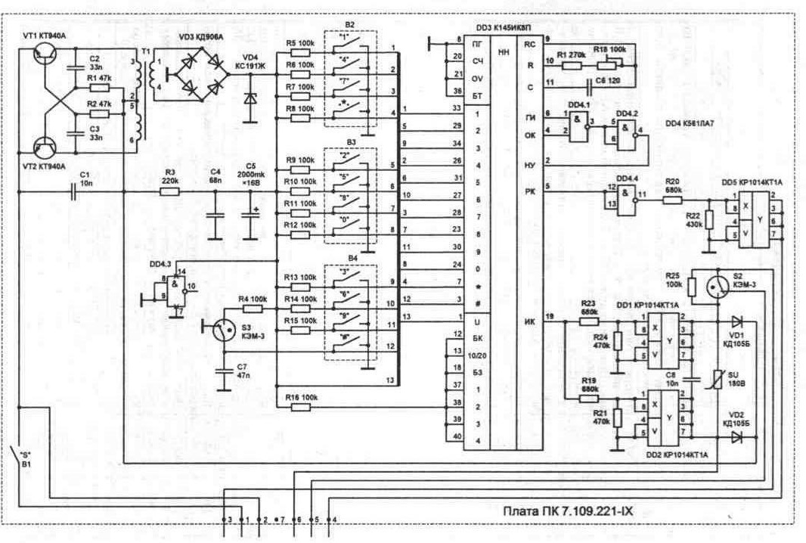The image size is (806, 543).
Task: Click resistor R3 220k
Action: pos(169,192)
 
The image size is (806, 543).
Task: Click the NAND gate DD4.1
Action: pos(578,121)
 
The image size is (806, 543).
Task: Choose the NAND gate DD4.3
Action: pos(175,286)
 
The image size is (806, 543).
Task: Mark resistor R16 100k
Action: pos(301,407)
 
